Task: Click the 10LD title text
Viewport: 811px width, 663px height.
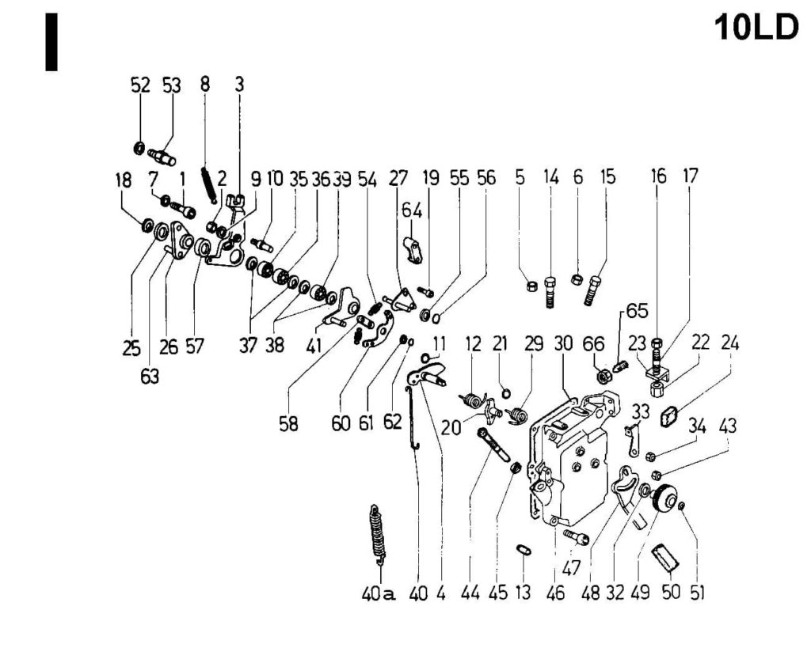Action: pos(756,28)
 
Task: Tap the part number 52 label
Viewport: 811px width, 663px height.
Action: pos(140,86)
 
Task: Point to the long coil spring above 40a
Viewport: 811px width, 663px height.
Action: pos(378,534)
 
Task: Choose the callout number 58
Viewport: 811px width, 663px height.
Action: pos(287,424)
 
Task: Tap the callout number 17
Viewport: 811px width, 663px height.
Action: pos(691,176)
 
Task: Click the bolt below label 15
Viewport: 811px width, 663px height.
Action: pos(593,290)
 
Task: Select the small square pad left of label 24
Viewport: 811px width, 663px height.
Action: pos(671,413)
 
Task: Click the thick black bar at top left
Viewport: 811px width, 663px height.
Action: pos(51,42)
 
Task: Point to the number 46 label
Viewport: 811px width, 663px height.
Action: pos(555,593)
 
